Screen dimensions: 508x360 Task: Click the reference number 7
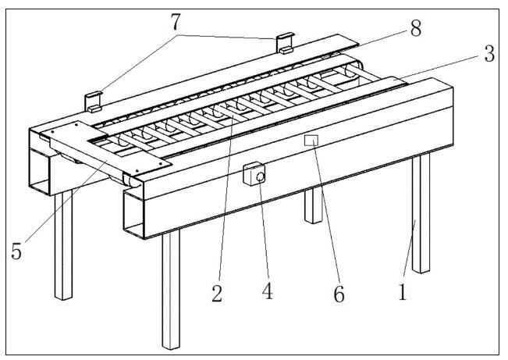(x=175, y=22)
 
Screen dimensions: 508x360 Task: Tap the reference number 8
(x=416, y=28)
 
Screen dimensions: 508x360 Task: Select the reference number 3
(x=489, y=54)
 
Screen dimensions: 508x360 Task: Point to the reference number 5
(x=16, y=251)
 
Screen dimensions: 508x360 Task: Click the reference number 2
(x=217, y=294)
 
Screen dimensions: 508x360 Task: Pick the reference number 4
(x=268, y=291)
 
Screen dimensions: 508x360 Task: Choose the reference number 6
(x=339, y=294)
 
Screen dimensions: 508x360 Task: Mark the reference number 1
(x=403, y=292)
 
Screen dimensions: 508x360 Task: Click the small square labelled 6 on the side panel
(x=311, y=141)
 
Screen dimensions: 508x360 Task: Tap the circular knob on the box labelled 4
(x=260, y=176)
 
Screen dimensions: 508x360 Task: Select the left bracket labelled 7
(x=94, y=102)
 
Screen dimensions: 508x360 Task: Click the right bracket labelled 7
(x=285, y=43)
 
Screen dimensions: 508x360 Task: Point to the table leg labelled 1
(x=421, y=213)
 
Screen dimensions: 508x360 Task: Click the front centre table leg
(x=171, y=289)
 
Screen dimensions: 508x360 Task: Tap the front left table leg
(x=63, y=245)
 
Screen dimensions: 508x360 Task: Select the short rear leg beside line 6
(x=314, y=205)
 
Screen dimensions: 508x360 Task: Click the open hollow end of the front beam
(x=133, y=215)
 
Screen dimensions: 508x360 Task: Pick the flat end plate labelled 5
(x=107, y=148)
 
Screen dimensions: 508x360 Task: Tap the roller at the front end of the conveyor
(x=131, y=180)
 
